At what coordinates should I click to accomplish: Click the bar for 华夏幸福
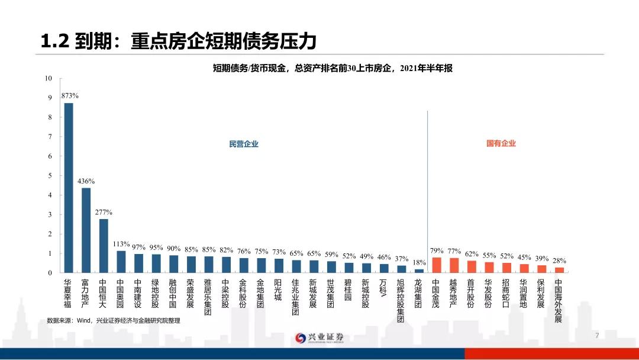(x=69, y=188)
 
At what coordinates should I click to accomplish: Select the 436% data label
(x=86, y=181)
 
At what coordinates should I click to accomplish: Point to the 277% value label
(x=104, y=212)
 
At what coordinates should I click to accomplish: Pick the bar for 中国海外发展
(x=559, y=270)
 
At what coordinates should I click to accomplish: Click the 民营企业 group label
(x=244, y=144)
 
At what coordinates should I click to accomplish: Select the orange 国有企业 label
(x=501, y=143)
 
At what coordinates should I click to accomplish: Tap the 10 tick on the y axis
(x=48, y=79)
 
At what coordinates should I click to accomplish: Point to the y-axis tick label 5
(x=50, y=176)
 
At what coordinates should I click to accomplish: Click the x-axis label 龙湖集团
(x=418, y=294)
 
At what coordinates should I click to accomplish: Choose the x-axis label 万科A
(x=383, y=290)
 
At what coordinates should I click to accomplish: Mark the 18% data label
(x=419, y=262)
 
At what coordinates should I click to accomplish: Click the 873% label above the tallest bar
(x=70, y=96)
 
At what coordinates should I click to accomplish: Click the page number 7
(x=597, y=336)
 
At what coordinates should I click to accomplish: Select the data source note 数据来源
(x=113, y=320)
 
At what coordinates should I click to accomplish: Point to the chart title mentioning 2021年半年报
(x=333, y=69)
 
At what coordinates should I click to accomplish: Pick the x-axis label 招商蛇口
(x=506, y=294)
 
